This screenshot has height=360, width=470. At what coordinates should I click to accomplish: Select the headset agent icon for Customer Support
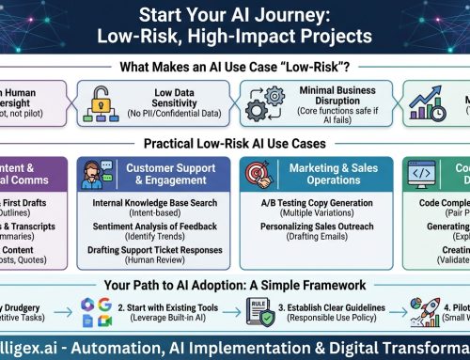112,171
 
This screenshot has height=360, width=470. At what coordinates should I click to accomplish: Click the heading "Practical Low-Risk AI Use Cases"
235,143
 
